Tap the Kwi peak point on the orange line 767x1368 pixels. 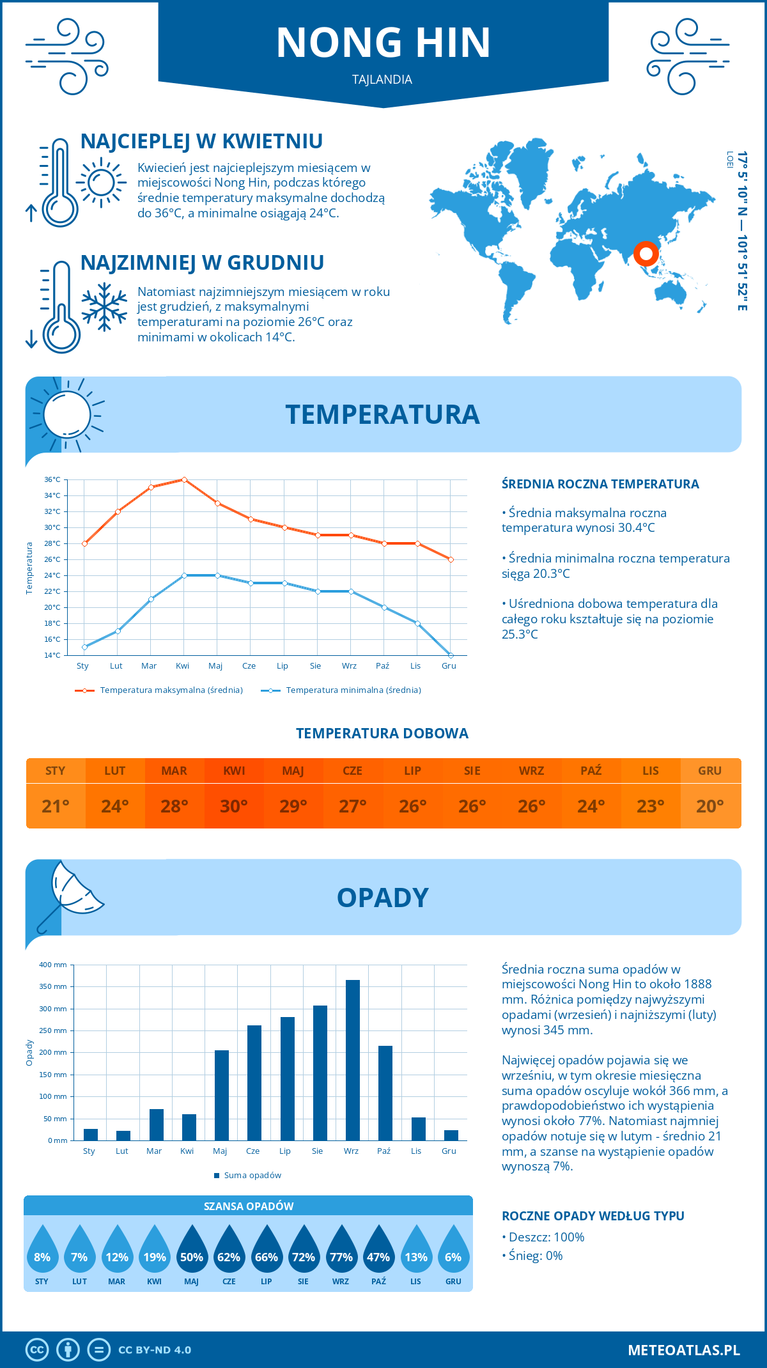(x=184, y=479)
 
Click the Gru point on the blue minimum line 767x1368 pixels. (x=451, y=655)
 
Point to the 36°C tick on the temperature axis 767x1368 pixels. (x=52, y=479)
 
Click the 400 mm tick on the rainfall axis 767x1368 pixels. (x=53, y=965)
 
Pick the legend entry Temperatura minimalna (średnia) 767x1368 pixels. (x=342, y=690)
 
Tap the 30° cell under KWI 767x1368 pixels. (x=234, y=806)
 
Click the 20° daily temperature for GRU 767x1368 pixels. (x=710, y=806)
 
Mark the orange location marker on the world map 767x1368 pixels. (x=646, y=254)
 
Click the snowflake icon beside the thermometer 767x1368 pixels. (x=104, y=307)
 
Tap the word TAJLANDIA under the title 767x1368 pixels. (x=382, y=79)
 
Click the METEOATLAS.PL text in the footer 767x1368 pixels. (x=683, y=1350)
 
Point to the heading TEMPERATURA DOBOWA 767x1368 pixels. (x=382, y=733)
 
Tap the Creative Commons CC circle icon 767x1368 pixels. (x=37, y=1350)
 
